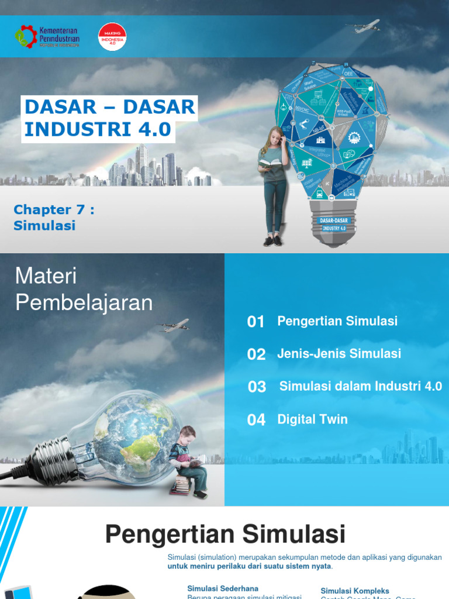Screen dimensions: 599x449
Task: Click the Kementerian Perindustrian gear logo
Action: point(26,36)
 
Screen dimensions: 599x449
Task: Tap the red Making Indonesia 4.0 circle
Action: point(112,36)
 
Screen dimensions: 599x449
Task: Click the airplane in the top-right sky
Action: point(366,26)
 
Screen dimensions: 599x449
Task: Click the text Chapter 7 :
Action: point(54,209)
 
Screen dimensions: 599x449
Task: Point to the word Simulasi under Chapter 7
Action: point(44,225)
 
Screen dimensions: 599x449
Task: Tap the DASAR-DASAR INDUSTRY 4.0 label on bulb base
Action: point(334,225)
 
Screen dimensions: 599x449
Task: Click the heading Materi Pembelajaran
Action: point(83,289)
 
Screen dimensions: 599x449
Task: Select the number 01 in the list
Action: point(256,321)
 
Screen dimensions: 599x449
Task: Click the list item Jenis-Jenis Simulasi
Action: point(339,353)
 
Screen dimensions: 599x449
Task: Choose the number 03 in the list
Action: point(257,387)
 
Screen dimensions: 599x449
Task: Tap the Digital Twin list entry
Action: point(312,419)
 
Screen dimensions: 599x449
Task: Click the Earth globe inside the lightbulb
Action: point(137,435)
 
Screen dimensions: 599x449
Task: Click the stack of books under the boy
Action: point(182,483)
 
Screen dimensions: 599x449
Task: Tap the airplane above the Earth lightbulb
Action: point(174,325)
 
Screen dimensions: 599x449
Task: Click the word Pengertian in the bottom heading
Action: point(170,535)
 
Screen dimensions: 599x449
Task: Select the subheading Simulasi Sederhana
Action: point(223,588)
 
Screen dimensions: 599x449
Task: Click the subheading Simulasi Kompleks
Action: point(355,591)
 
